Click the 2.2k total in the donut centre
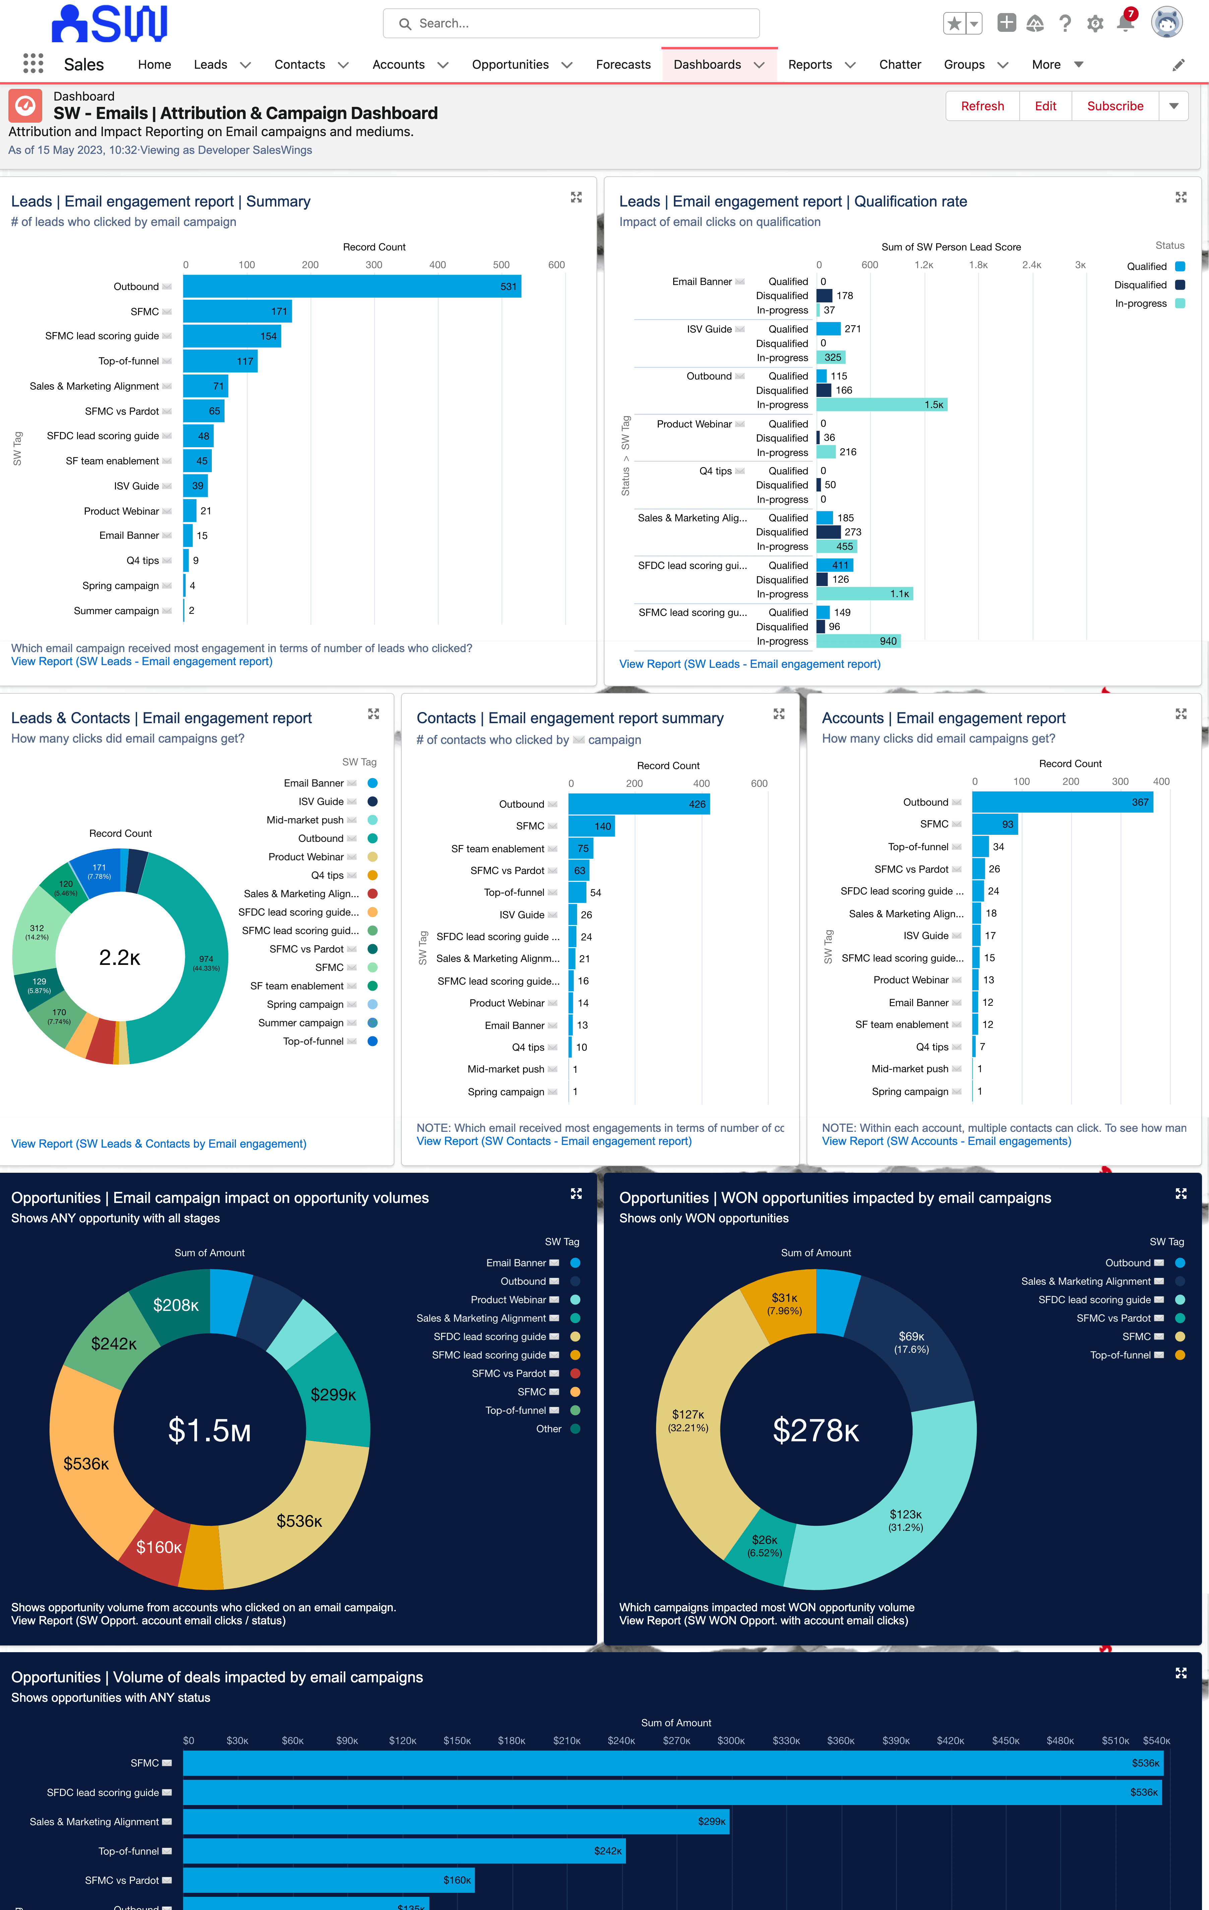tap(120, 958)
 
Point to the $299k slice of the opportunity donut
tap(333, 1394)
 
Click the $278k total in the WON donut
tap(816, 1430)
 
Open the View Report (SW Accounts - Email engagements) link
tap(946, 1141)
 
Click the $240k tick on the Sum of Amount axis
tap(621, 1740)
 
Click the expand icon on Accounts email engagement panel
tap(1181, 714)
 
